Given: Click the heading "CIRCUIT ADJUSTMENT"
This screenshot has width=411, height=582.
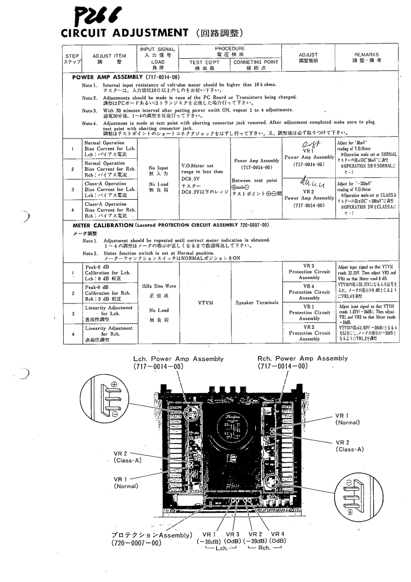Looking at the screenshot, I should (x=124, y=33).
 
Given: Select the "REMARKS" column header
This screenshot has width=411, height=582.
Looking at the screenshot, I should (x=366, y=57).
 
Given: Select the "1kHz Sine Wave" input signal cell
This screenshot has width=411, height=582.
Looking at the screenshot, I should (x=158, y=286).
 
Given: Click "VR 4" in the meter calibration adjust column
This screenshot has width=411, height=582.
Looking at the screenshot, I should (x=309, y=286).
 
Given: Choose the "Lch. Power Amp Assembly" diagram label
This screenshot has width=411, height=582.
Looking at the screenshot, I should (x=178, y=358).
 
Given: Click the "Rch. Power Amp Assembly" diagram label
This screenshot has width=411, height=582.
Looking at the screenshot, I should (x=303, y=358).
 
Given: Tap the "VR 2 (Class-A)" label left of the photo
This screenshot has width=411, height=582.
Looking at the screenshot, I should (x=125, y=456).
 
